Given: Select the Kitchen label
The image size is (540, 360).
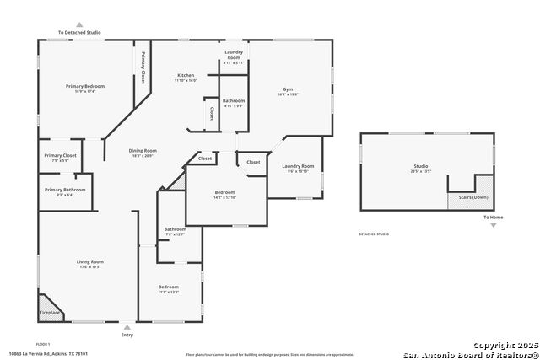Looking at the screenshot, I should coord(185,75).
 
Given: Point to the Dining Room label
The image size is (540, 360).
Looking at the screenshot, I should coord(143,151).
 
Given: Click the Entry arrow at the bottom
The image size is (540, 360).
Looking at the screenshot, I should coord(127,328).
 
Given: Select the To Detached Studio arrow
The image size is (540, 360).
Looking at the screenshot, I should coord(79,26).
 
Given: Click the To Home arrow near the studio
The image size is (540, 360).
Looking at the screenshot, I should coord(494,224).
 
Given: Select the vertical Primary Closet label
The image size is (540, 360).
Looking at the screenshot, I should coord(143,67).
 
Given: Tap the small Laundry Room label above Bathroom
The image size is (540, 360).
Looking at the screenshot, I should coord(234,56).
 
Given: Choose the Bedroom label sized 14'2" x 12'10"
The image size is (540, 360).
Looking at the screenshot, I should coord(224,193).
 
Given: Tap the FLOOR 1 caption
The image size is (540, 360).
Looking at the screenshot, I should coord(43,344).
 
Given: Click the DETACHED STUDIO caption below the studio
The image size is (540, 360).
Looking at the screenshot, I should coord(375,234).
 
